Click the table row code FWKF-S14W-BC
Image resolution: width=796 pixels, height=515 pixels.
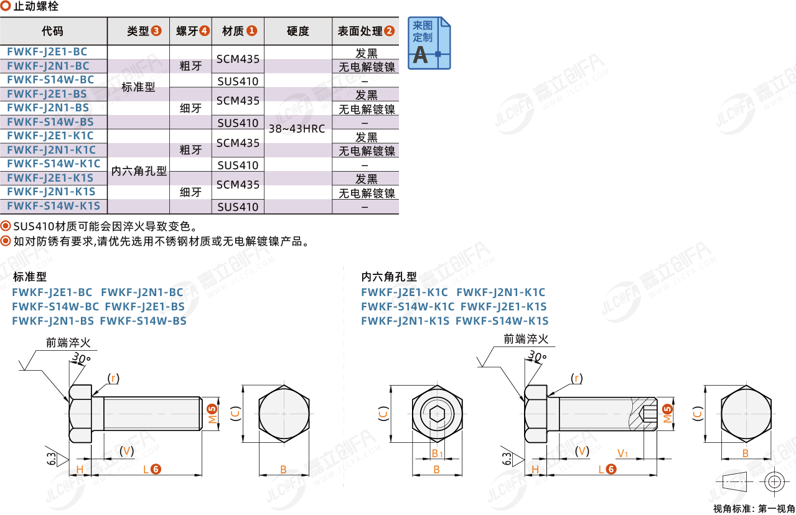point(50,80)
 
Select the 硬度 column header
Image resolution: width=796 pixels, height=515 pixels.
point(297,31)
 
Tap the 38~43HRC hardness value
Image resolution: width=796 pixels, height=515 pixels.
point(297,129)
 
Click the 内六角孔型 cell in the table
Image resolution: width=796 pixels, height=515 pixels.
point(139,171)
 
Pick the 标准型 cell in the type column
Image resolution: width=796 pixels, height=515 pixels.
point(138,86)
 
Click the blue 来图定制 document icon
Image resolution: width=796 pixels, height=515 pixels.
point(429,43)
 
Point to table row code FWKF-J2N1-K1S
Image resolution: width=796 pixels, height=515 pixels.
point(51,192)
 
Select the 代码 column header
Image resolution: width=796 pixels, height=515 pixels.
point(53,31)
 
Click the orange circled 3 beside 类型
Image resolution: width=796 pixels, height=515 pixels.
point(156,31)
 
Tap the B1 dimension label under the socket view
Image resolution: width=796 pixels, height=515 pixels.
point(437,453)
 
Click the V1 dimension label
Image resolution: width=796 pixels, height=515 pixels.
point(622,453)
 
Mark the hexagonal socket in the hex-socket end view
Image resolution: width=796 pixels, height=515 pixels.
point(437,414)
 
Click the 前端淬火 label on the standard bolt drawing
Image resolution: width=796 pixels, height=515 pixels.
point(68,343)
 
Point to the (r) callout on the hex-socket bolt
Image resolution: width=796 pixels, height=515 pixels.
point(576,378)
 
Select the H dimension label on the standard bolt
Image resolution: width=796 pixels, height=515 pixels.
point(80,470)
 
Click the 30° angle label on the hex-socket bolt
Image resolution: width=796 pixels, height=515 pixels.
point(536,356)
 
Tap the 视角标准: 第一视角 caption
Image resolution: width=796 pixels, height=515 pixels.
point(754,509)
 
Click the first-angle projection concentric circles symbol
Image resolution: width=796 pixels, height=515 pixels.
point(775,482)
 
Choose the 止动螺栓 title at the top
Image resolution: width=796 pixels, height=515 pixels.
point(35,6)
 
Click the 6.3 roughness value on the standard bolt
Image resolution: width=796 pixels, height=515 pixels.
point(52,458)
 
